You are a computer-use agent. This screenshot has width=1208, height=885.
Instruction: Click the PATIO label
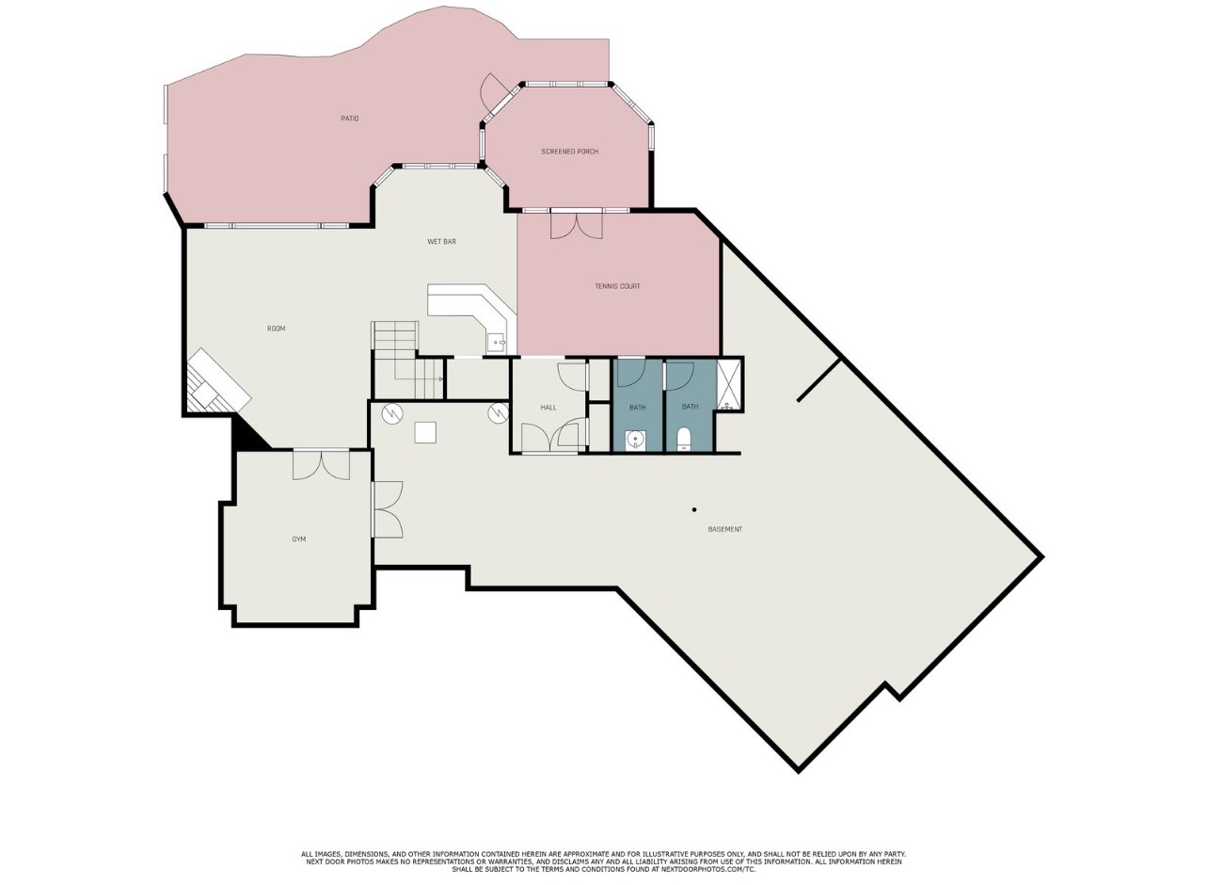(x=349, y=119)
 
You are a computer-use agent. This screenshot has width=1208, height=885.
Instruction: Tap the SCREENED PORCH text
(x=569, y=152)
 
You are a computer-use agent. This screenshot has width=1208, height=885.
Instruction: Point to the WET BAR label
(x=441, y=242)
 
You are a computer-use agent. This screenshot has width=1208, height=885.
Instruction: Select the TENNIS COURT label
(x=617, y=286)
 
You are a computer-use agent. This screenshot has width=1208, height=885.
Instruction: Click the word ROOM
(x=276, y=329)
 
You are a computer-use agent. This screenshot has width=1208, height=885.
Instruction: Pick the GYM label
(x=298, y=539)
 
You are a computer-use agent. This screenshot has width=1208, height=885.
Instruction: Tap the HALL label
(x=548, y=408)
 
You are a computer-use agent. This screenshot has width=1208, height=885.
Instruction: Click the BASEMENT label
(x=724, y=529)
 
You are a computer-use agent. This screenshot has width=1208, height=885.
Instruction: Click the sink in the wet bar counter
(x=496, y=343)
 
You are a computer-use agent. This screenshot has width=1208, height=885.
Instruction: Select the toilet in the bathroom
(x=684, y=440)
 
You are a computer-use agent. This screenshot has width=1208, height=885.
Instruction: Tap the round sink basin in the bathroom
(x=636, y=439)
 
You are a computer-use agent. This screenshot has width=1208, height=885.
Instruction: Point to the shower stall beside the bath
(x=729, y=385)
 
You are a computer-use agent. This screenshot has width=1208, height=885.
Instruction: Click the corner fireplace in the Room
(x=216, y=383)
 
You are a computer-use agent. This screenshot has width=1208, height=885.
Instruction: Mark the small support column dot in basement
(x=694, y=510)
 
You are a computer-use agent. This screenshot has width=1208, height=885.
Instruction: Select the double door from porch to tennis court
(x=576, y=225)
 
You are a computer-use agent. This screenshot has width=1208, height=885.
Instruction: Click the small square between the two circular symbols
(x=425, y=432)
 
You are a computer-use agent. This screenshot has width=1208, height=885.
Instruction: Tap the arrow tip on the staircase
(x=441, y=379)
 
